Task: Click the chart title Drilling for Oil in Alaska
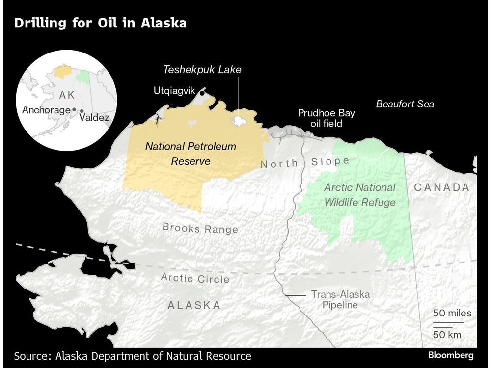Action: pyautogui.click(x=100, y=23)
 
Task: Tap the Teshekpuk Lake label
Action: pyautogui.click(x=202, y=70)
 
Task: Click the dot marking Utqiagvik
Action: pyautogui.click(x=202, y=90)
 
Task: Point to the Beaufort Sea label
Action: pyautogui.click(x=405, y=104)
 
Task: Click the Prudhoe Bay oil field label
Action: pyautogui.click(x=326, y=118)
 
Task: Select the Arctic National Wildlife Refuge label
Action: pyautogui.click(x=359, y=194)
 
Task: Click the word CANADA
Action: pyautogui.click(x=441, y=187)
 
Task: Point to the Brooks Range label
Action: pyautogui.click(x=200, y=228)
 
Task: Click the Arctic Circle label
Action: pyautogui.click(x=195, y=278)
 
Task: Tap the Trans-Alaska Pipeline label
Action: pyautogui.click(x=340, y=299)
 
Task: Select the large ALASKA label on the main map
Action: pyautogui.click(x=194, y=305)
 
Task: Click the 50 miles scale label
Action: pyautogui.click(x=452, y=313)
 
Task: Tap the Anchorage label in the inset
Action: pyautogui.click(x=46, y=110)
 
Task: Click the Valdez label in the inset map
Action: pyautogui.click(x=94, y=118)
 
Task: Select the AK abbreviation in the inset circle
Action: pyautogui.click(x=67, y=95)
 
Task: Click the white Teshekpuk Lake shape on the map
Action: pyautogui.click(x=239, y=121)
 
